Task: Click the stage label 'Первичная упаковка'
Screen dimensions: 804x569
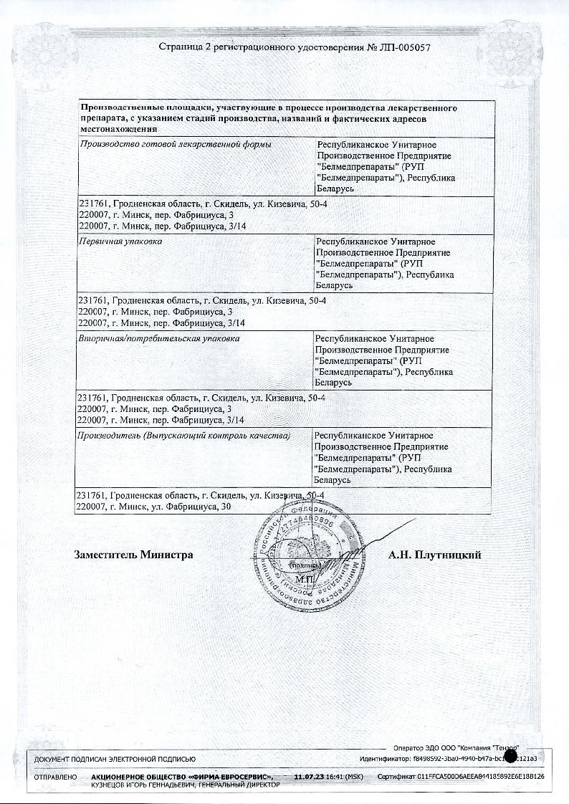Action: coord(120,242)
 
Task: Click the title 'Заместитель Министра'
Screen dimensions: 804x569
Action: coord(133,555)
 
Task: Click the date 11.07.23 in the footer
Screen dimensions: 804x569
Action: coord(309,777)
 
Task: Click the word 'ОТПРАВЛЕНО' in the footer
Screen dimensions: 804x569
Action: coord(55,777)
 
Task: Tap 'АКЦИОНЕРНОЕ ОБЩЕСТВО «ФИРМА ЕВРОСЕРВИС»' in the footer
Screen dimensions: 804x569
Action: coord(182,777)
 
